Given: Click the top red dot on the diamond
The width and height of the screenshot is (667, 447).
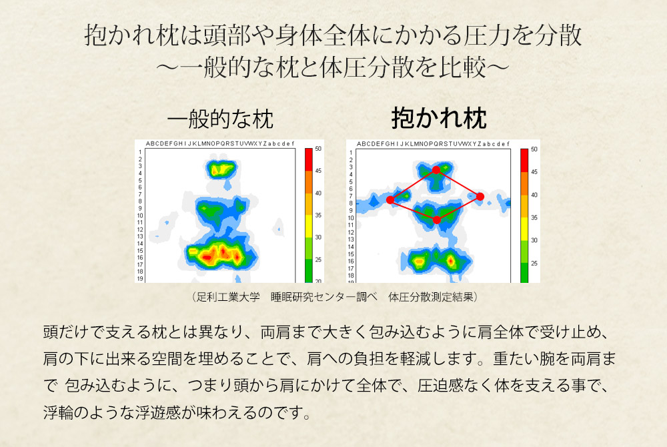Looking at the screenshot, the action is point(436,170).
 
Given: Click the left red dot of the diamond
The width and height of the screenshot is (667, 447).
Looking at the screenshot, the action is point(390,200).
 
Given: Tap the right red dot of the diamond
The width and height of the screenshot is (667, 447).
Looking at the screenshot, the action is point(480,197).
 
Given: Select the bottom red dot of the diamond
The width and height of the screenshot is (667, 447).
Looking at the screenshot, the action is point(436,220).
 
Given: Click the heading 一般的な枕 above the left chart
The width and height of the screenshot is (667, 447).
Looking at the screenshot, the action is point(220,119).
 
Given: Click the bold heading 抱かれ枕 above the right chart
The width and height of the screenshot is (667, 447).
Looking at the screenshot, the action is point(439,118).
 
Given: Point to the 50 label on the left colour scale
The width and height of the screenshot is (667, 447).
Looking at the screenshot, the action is point(318,148).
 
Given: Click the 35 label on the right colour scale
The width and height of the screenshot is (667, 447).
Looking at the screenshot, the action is point(534,217).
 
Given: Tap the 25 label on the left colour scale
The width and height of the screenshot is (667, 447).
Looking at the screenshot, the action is point(318,260).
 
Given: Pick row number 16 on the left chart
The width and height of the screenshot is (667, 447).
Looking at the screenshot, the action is point(140,258).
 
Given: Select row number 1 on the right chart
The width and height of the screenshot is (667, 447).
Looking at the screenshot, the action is point(351,152).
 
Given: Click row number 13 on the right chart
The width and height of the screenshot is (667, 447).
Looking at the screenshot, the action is point(351,240).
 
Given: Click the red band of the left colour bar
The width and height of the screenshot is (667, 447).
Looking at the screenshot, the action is point(308,159).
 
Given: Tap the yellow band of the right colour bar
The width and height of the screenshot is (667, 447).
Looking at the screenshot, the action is point(524,229).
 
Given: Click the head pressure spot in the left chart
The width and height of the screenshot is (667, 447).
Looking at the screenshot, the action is point(221,169).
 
